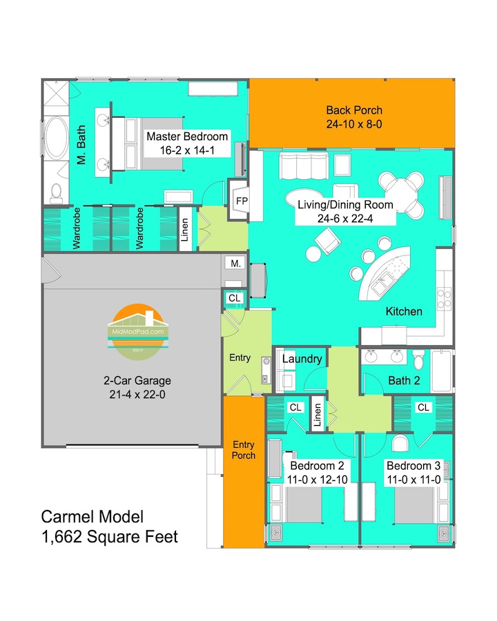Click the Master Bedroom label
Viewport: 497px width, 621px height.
click(x=187, y=136)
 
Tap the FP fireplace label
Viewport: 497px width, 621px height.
click(x=242, y=201)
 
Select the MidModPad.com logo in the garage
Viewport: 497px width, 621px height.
click(x=137, y=331)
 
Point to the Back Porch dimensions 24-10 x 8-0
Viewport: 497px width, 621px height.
click(x=354, y=124)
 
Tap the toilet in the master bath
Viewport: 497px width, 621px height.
click(x=57, y=193)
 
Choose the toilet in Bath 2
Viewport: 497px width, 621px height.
click(x=418, y=359)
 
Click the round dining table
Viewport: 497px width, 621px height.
click(x=401, y=194)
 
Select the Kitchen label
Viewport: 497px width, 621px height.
click(x=404, y=311)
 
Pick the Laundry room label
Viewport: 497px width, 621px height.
click(x=302, y=359)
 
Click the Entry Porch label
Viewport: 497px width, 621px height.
click(x=244, y=450)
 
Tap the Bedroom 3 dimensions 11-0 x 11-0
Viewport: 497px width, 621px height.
click(x=413, y=480)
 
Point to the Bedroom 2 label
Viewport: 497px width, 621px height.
click(x=317, y=465)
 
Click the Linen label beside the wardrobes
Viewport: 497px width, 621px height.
click(x=185, y=230)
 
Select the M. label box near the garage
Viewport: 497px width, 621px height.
click(x=235, y=264)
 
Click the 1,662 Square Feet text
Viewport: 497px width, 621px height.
click(x=109, y=537)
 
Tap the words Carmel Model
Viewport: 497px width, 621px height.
click(x=92, y=516)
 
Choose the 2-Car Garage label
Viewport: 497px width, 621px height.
click(x=137, y=380)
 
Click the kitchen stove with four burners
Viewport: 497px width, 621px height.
click(x=445, y=299)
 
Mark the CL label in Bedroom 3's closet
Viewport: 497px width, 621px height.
click(x=423, y=407)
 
